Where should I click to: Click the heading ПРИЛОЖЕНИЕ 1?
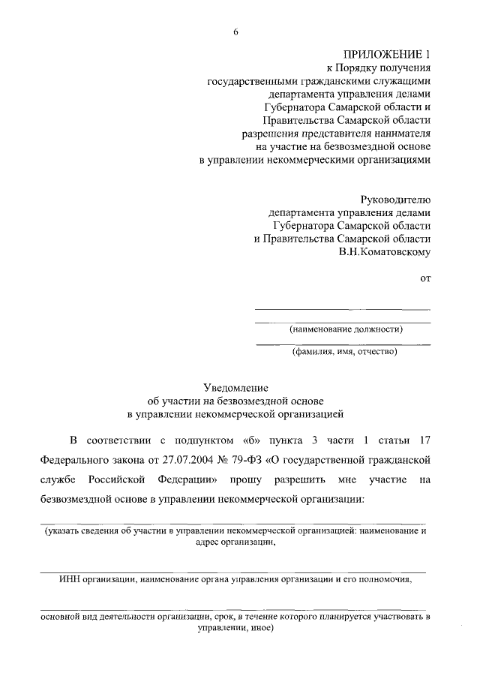pyautogui.click(x=387, y=55)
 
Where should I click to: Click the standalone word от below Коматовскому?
pyautogui.click(x=425, y=279)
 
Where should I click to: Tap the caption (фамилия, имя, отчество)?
pyautogui.click(x=344, y=351)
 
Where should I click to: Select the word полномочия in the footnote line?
pyautogui.click(x=381, y=579)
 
